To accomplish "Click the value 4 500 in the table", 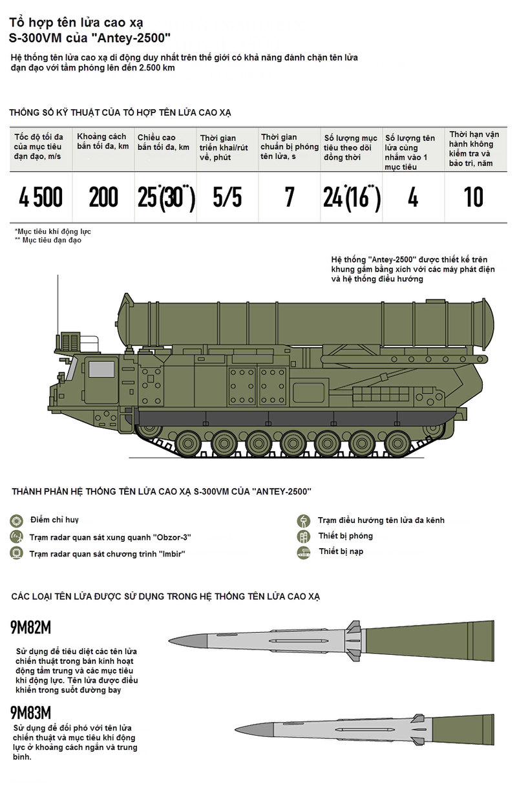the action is [41, 197].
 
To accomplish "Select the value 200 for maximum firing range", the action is [103, 197].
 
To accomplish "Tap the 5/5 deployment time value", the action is [227, 197].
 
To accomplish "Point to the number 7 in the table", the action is [290, 197].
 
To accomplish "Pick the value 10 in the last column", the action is [474, 197].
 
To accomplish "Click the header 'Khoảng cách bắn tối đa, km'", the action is [103, 141].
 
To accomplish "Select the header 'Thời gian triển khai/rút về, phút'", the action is [224, 147].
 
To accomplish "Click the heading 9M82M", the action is [30, 628].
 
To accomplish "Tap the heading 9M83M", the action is [30, 713].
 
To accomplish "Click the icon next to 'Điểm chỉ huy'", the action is [17, 520].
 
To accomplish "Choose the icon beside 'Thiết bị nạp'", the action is [304, 553].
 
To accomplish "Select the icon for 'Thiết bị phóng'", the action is [304, 537].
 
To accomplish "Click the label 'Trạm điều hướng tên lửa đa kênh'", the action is [381, 520].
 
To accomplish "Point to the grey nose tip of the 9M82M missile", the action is [170, 640].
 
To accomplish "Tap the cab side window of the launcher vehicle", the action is [101, 369].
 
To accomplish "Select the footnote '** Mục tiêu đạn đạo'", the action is [48, 240].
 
